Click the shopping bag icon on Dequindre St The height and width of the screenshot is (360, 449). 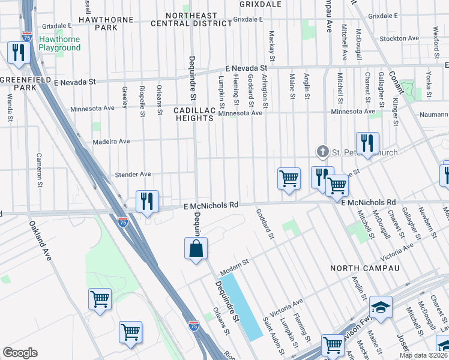click(196, 249)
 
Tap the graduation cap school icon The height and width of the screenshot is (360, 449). click(381, 308)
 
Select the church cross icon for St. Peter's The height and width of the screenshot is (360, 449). click(323, 152)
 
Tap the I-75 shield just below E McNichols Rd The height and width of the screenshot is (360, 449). click(123, 222)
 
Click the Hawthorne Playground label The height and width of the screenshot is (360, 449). click(59, 43)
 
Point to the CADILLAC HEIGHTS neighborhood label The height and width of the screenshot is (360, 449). click(194, 115)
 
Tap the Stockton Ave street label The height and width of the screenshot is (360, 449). click(399, 38)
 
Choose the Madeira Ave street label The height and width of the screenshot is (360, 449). click(112, 142)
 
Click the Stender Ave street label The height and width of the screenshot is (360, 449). click(133, 175)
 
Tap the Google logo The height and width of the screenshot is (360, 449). click(20, 352)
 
